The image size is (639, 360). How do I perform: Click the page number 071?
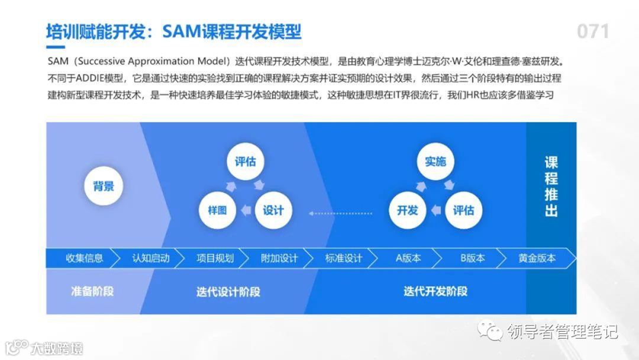pyautogui.click(x=592, y=31)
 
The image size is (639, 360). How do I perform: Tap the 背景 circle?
pyautogui.click(x=104, y=186)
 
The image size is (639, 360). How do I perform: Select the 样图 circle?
pyautogui.click(x=218, y=210)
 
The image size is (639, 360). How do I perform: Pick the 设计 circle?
pyautogui.click(x=273, y=210)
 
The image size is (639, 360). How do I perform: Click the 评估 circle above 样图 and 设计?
pyautogui.click(x=246, y=161)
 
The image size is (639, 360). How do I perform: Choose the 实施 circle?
pyautogui.click(x=435, y=161)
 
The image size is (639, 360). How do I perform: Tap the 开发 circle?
pyautogui.click(x=408, y=210)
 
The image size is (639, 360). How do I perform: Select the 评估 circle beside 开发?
pyautogui.click(x=463, y=210)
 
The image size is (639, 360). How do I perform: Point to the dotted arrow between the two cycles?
pyautogui.click(x=340, y=211)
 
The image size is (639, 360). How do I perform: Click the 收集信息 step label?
pyautogui.click(x=84, y=258)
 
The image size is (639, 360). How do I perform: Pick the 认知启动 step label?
pyautogui.click(x=151, y=258)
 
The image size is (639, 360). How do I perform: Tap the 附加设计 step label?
pyautogui.click(x=279, y=258)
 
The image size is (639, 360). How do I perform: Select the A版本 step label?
pyautogui.click(x=408, y=258)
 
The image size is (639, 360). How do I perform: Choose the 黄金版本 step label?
pyautogui.click(x=537, y=258)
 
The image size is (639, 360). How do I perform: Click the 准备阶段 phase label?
pyautogui.click(x=92, y=291)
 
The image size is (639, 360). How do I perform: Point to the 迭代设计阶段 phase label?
pyautogui.click(x=228, y=292)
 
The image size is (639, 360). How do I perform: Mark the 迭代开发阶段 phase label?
pyautogui.click(x=435, y=291)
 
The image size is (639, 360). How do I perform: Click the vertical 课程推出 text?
pyautogui.click(x=551, y=187)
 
